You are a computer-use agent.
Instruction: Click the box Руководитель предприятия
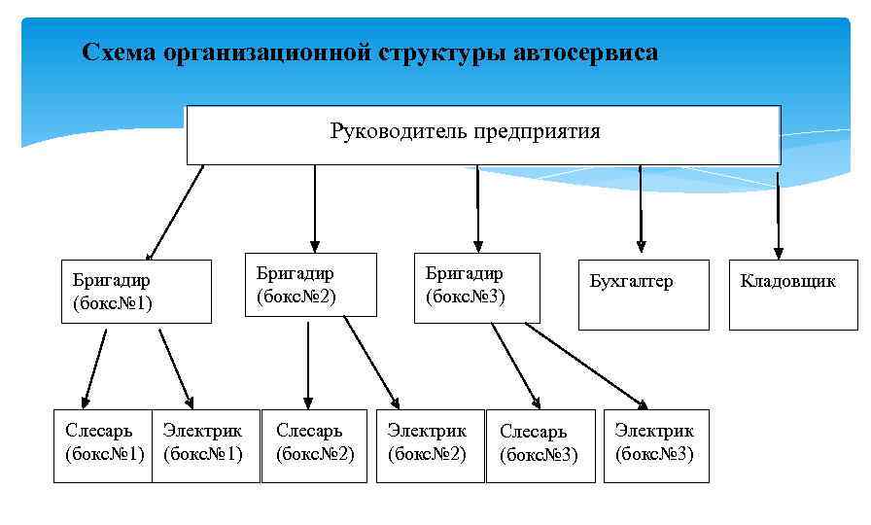coord(483,135)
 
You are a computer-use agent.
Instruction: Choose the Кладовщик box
coord(792,294)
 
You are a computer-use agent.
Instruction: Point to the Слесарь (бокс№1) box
coord(104,445)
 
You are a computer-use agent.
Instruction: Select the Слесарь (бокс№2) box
coord(316,445)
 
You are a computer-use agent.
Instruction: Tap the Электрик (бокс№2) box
coord(429,445)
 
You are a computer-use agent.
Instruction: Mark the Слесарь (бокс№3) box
coord(540,445)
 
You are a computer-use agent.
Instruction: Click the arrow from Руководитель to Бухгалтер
coord(640,209)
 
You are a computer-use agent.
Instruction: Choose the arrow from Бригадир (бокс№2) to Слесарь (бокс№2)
coord(308,365)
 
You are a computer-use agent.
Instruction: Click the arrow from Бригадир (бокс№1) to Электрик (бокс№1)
coord(176,367)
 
